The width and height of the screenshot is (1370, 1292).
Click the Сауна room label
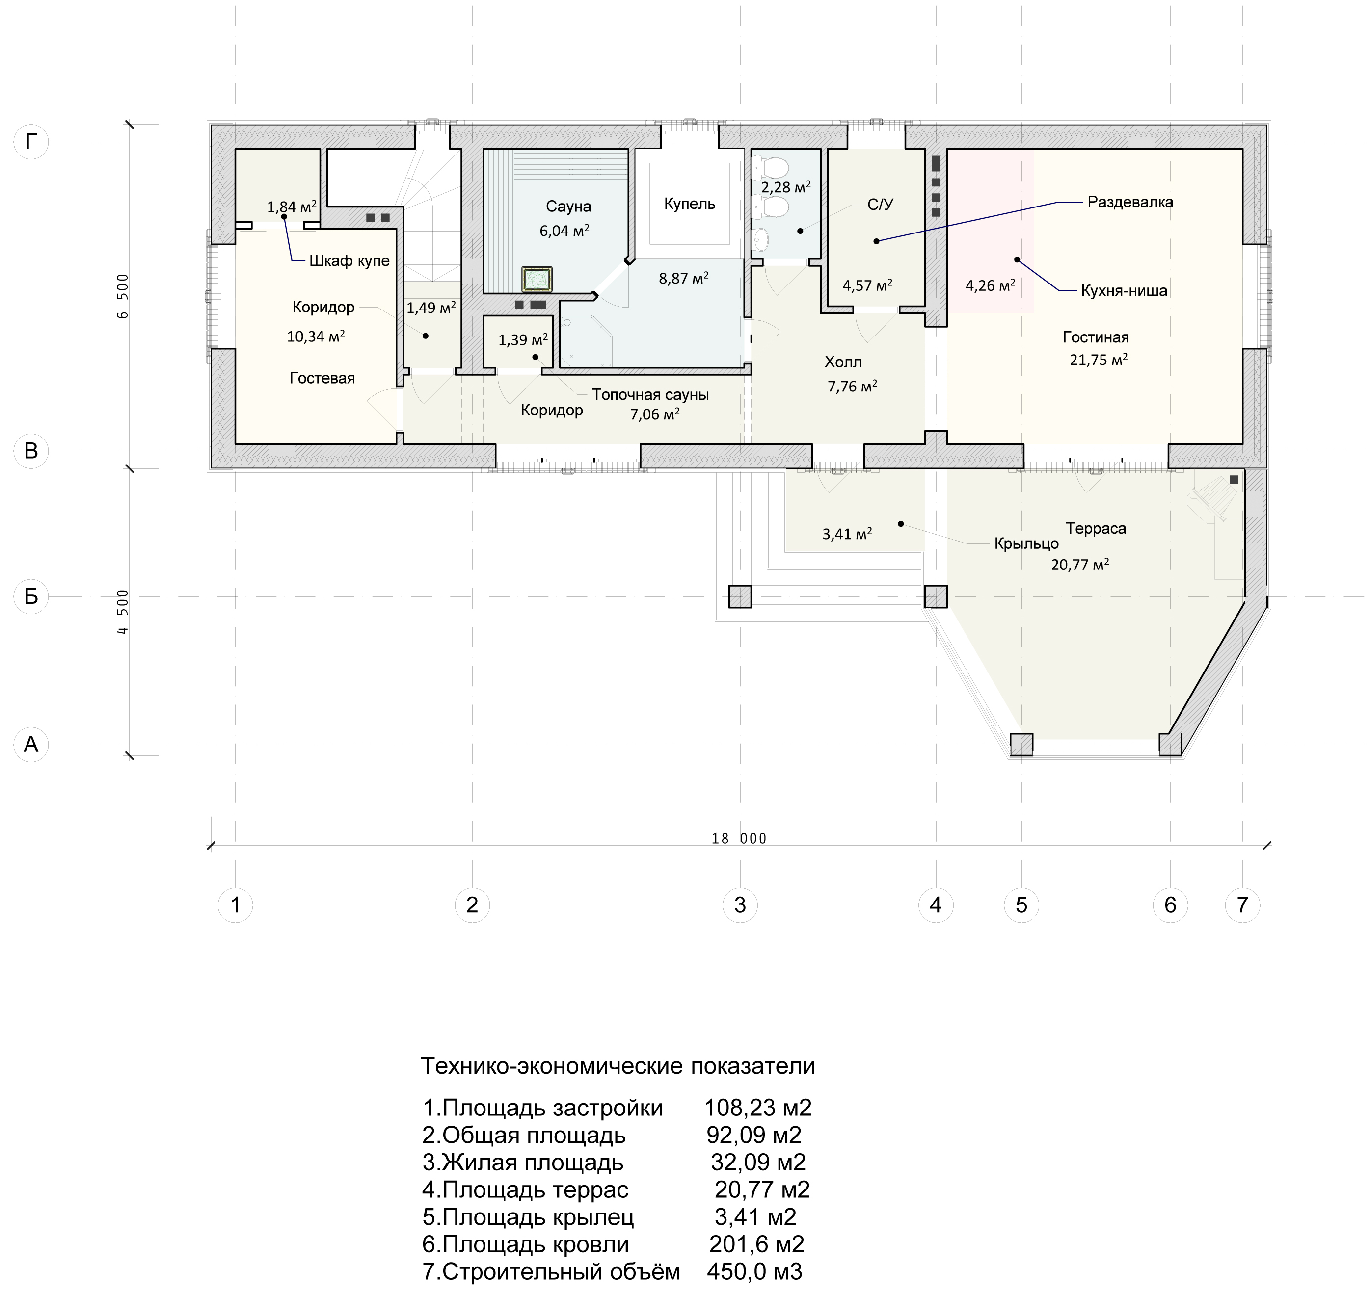[568, 207]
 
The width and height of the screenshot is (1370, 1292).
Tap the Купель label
[690, 204]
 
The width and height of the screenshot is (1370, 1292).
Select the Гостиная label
[1096, 337]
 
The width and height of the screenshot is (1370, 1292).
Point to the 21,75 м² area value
[1099, 360]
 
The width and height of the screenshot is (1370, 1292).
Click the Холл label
[843, 362]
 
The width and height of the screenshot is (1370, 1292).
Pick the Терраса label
[1096, 529]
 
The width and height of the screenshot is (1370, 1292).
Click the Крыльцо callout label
[1026, 544]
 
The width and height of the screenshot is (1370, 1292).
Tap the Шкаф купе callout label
[349, 261]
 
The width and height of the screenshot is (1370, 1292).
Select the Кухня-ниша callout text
[1124, 291]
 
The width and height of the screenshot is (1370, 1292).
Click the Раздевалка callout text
[1130, 203]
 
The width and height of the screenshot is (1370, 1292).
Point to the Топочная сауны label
[650, 395]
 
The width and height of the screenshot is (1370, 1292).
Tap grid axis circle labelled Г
[31, 142]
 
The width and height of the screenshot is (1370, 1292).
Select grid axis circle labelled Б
[31, 596]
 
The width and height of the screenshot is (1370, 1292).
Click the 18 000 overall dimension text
[739, 839]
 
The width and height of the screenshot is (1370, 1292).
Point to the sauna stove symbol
[537, 280]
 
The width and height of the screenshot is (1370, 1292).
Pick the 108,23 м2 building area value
[758, 1108]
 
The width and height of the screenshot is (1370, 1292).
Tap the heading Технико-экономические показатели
[618, 1066]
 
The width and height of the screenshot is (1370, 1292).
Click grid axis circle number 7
[1242, 905]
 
